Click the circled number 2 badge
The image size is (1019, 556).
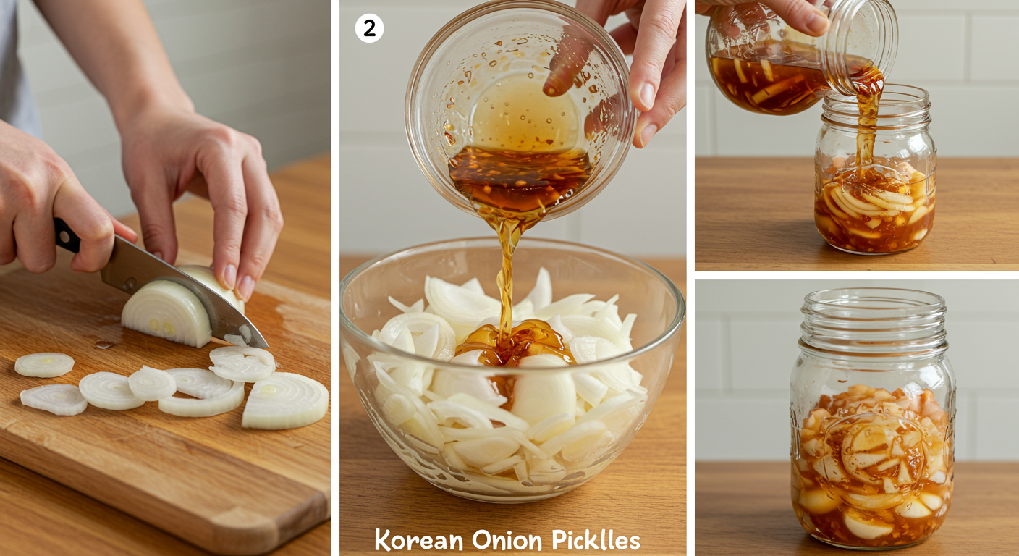(369, 28)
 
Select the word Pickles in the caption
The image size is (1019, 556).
(596, 541)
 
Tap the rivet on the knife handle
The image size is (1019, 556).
(64, 237)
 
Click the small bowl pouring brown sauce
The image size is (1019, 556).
(519, 109)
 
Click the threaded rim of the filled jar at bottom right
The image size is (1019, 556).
(874, 319)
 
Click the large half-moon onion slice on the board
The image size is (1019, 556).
(285, 400)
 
